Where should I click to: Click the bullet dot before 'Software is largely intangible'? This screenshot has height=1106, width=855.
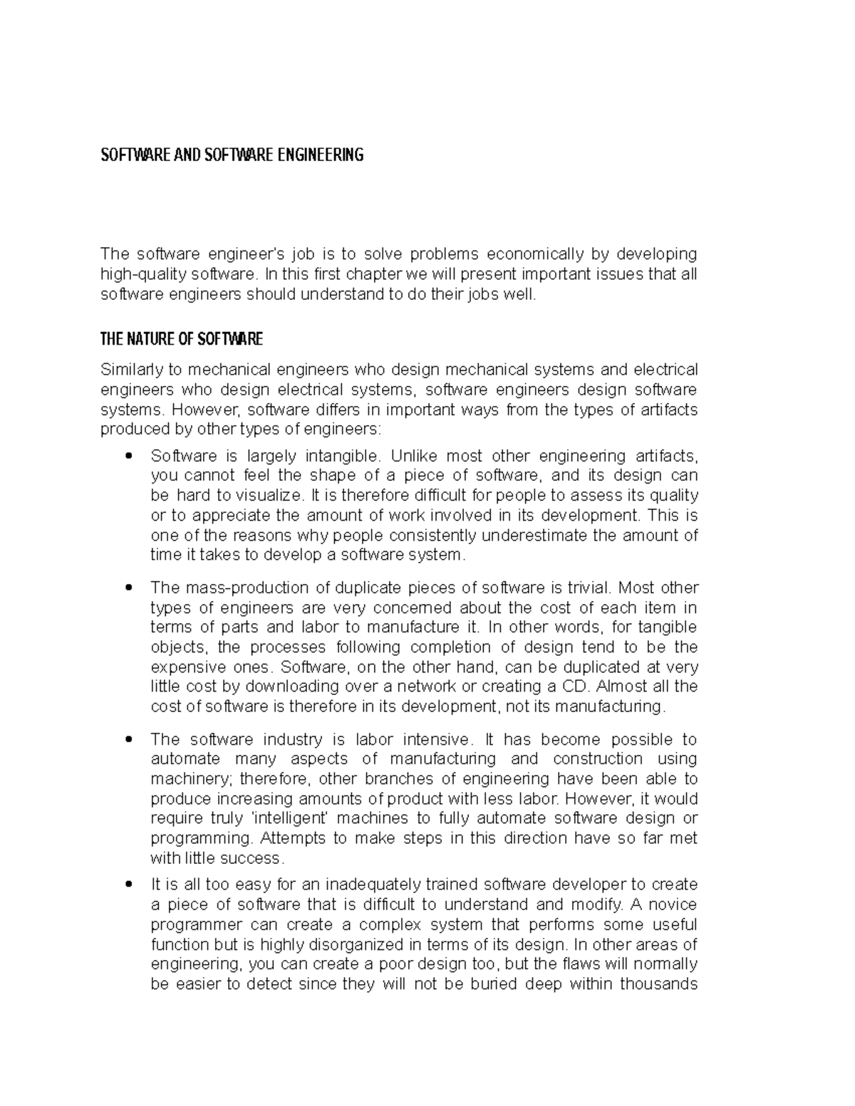(128, 456)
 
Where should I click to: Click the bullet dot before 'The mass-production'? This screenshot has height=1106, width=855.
(128, 588)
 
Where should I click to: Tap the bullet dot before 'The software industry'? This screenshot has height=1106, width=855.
(128, 739)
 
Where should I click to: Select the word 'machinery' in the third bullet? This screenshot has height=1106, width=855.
(190, 779)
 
